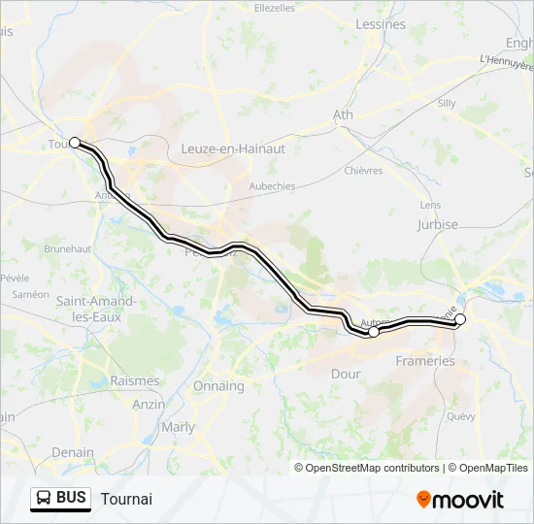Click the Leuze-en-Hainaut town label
[x=233, y=148]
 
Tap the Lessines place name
[x=381, y=24]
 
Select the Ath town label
[x=344, y=115]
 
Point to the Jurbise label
[x=437, y=224]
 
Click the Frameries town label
[x=425, y=361]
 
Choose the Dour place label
[x=346, y=374]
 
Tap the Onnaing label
[x=218, y=386]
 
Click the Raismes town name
[x=135, y=381]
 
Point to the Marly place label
[x=178, y=427]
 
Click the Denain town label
[x=73, y=452]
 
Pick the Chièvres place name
[x=364, y=171]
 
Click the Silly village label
[x=447, y=102]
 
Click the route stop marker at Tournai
[x=75, y=143]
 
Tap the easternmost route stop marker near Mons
[x=460, y=319]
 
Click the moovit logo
[x=460, y=500]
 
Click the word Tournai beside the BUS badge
[x=125, y=500]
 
